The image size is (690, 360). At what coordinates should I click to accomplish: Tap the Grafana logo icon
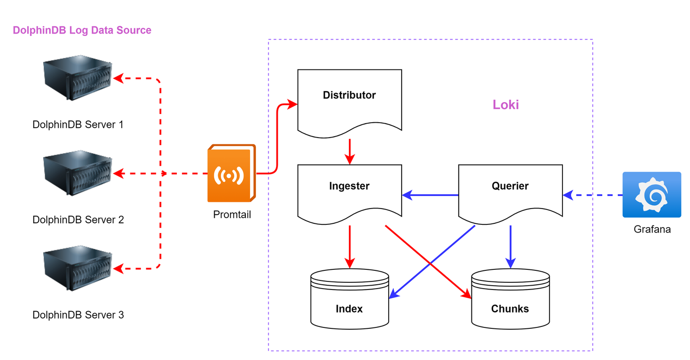tap(651, 195)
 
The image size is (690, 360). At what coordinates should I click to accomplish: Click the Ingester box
tap(349, 192)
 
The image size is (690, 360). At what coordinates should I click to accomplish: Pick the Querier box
tap(510, 192)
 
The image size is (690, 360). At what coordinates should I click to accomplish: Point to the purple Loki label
tap(506, 105)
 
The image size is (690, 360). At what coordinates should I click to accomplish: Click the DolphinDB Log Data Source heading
tap(82, 30)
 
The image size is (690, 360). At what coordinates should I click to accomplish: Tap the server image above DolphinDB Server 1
tap(78, 79)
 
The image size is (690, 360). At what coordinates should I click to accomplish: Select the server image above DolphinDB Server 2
tap(78, 174)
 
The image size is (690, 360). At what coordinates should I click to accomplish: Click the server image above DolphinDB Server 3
tap(78, 269)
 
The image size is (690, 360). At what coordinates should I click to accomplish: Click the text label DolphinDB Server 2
tap(78, 220)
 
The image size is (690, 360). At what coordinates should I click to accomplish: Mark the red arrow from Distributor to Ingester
tap(350, 151)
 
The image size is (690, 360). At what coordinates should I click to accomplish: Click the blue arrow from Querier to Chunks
tap(510, 246)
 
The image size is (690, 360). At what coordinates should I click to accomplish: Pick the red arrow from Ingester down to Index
tap(350, 246)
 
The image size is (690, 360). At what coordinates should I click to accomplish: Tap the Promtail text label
tap(232, 215)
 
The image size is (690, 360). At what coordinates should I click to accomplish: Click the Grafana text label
tap(652, 229)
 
